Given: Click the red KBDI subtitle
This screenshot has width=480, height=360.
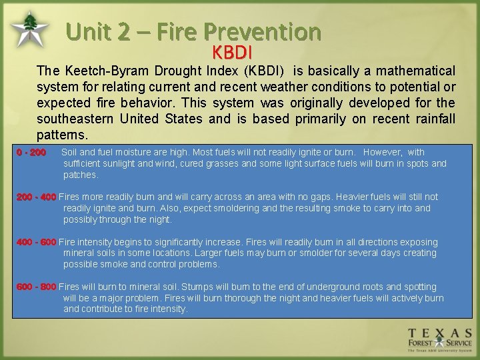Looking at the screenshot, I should coord(232,51).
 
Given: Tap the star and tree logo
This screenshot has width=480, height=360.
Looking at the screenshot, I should coord(29,30).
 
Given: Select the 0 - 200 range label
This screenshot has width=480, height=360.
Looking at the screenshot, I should coord(31,153).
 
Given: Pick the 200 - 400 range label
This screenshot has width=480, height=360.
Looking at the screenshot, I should coord(36,197).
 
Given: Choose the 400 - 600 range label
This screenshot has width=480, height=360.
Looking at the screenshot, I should coord(36,242).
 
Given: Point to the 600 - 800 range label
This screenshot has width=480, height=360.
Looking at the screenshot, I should coord(36,287).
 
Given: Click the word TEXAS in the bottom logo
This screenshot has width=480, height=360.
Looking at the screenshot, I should coord(440,333).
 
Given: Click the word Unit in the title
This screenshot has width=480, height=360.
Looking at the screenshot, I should coord(91,31).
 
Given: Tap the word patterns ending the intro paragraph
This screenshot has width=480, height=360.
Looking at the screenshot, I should coord(61,135).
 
